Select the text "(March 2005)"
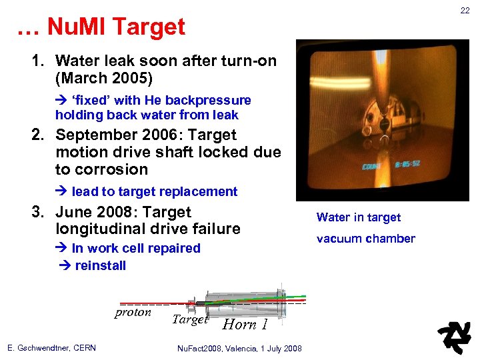[104, 78]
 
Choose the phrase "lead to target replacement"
[154, 192]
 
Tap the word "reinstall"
[100, 265]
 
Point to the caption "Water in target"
[358, 217]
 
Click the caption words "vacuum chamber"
[365, 239]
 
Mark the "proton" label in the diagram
[133, 313]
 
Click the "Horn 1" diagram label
[245, 325]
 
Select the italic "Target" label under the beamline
[190, 320]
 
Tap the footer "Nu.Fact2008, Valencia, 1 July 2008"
[239, 348]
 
